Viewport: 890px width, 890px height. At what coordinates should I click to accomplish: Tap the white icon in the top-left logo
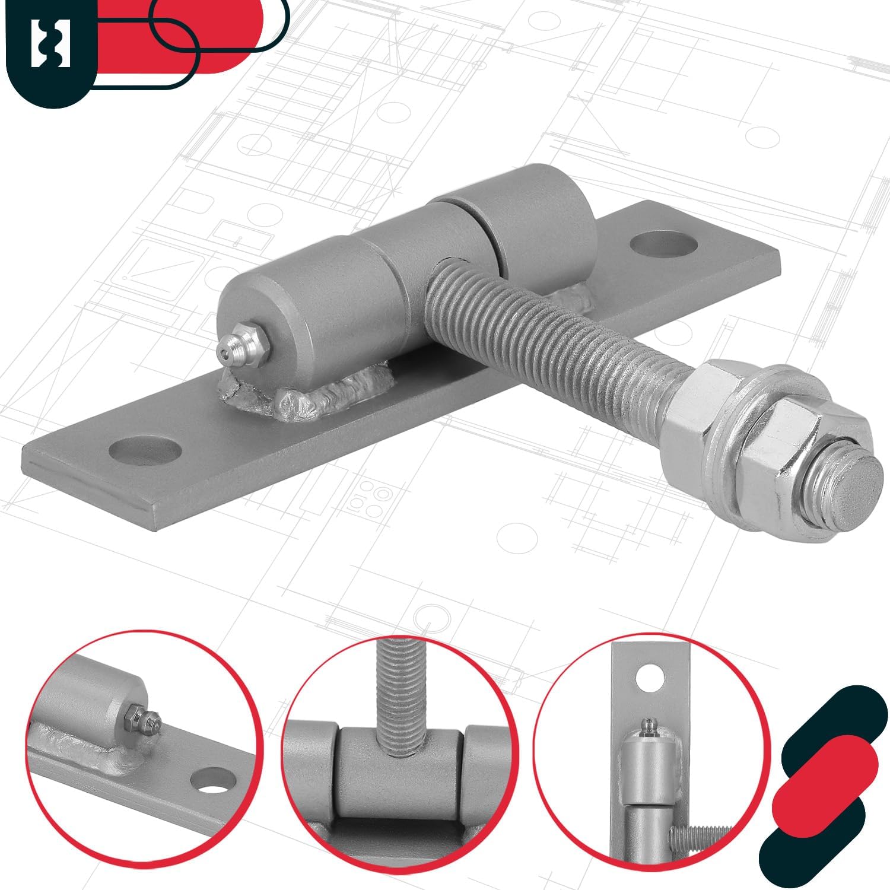(x=50, y=43)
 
